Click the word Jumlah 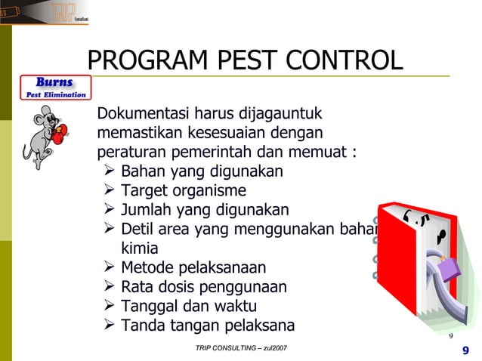point(148,210)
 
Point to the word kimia point(140,248)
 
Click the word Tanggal point(150,307)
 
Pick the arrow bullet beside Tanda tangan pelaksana point(108,326)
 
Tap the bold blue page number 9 point(465,350)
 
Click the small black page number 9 point(451,336)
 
